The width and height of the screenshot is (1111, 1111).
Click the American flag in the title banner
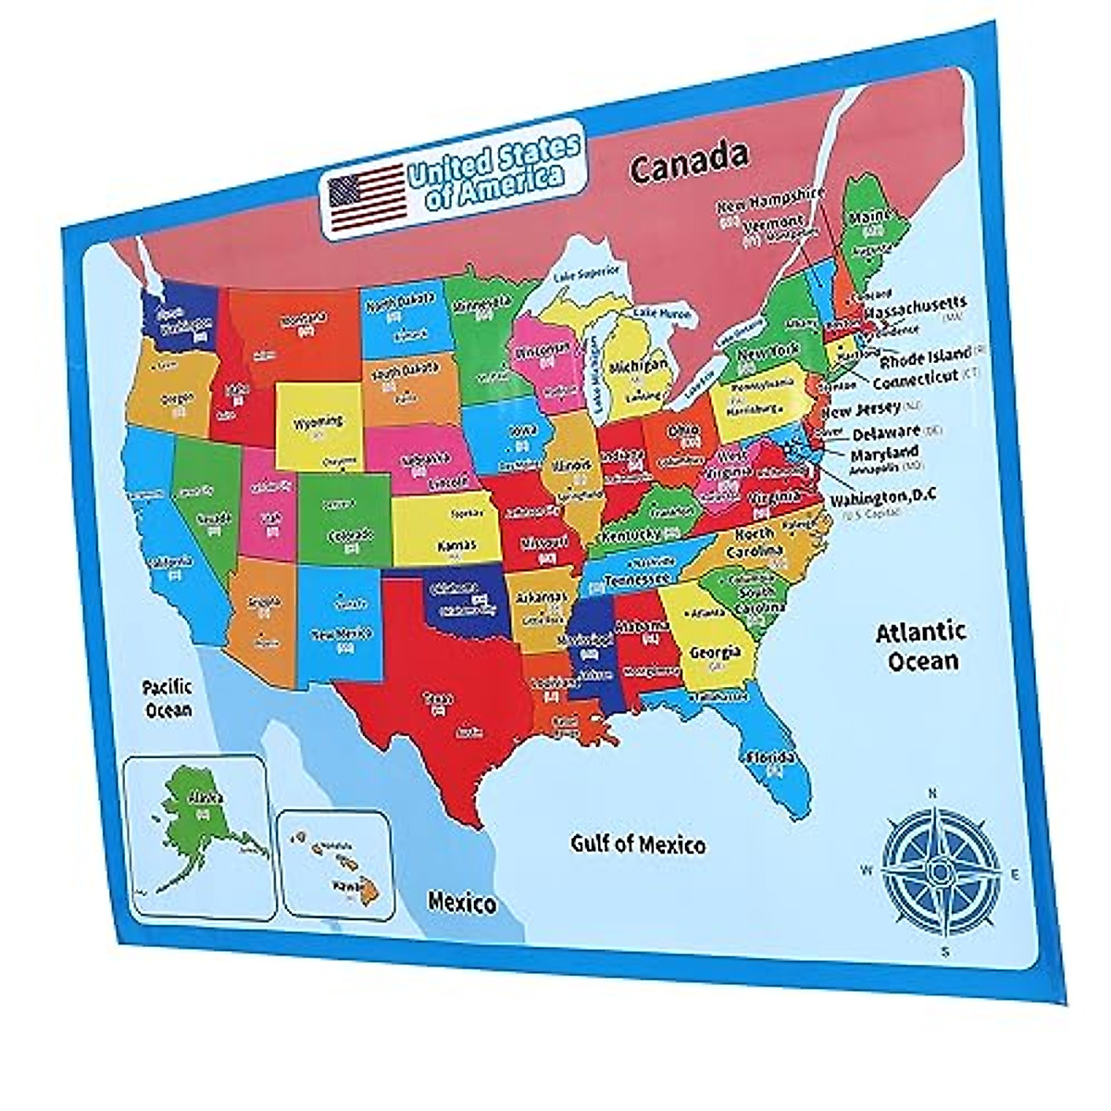click(x=367, y=197)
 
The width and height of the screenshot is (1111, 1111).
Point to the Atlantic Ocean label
click(x=921, y=646)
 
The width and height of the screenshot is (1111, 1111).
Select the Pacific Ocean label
click(x=168, y=698)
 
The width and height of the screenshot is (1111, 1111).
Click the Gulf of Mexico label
click(x=637, y=843)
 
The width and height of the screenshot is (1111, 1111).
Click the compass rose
click(x=941, y=870)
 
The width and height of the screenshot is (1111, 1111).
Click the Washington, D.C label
click(x=882, y=497)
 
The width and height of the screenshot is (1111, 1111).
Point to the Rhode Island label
click(x=925, y=356)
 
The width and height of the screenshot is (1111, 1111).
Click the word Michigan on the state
click(x=638, y=367)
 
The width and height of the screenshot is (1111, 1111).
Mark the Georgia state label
click(x=715, y=653)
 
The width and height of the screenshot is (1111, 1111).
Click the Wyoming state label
click(x=318, y=422)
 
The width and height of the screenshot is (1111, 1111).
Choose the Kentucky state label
click(x=631, y=535)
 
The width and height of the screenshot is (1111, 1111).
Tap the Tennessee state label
click(x=636, y=580)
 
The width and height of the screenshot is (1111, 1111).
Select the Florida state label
click(x=772, y=756)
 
